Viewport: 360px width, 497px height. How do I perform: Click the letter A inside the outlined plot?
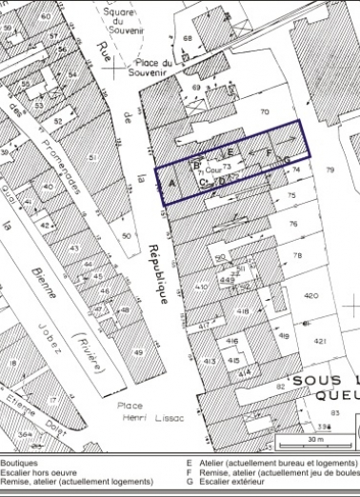[171, 181]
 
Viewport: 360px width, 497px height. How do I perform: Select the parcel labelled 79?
[330, 170]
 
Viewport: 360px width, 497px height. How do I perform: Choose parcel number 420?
[310, 296]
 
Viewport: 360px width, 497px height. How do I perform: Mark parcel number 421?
[321, 341]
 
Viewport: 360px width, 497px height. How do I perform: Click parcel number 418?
[243, 310]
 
